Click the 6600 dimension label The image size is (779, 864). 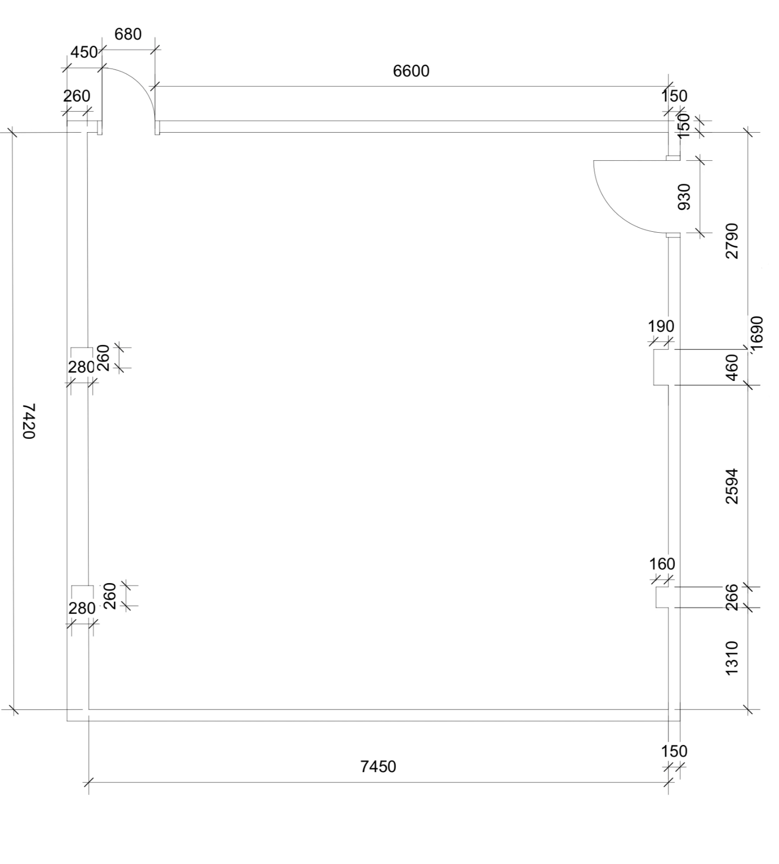tap(411, 71)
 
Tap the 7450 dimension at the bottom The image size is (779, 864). tap(378, 766)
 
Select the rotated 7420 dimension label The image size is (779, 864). tap(29, 421)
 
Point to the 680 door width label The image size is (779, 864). tap(128, 34)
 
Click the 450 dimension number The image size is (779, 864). tap(84, 52)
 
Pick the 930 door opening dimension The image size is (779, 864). tap(684, 196)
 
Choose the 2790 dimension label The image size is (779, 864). tap(731, 241)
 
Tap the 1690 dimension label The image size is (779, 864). tap(757, 333)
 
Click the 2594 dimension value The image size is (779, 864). tap(731, 486)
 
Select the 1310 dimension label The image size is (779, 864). tap(731, 658)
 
